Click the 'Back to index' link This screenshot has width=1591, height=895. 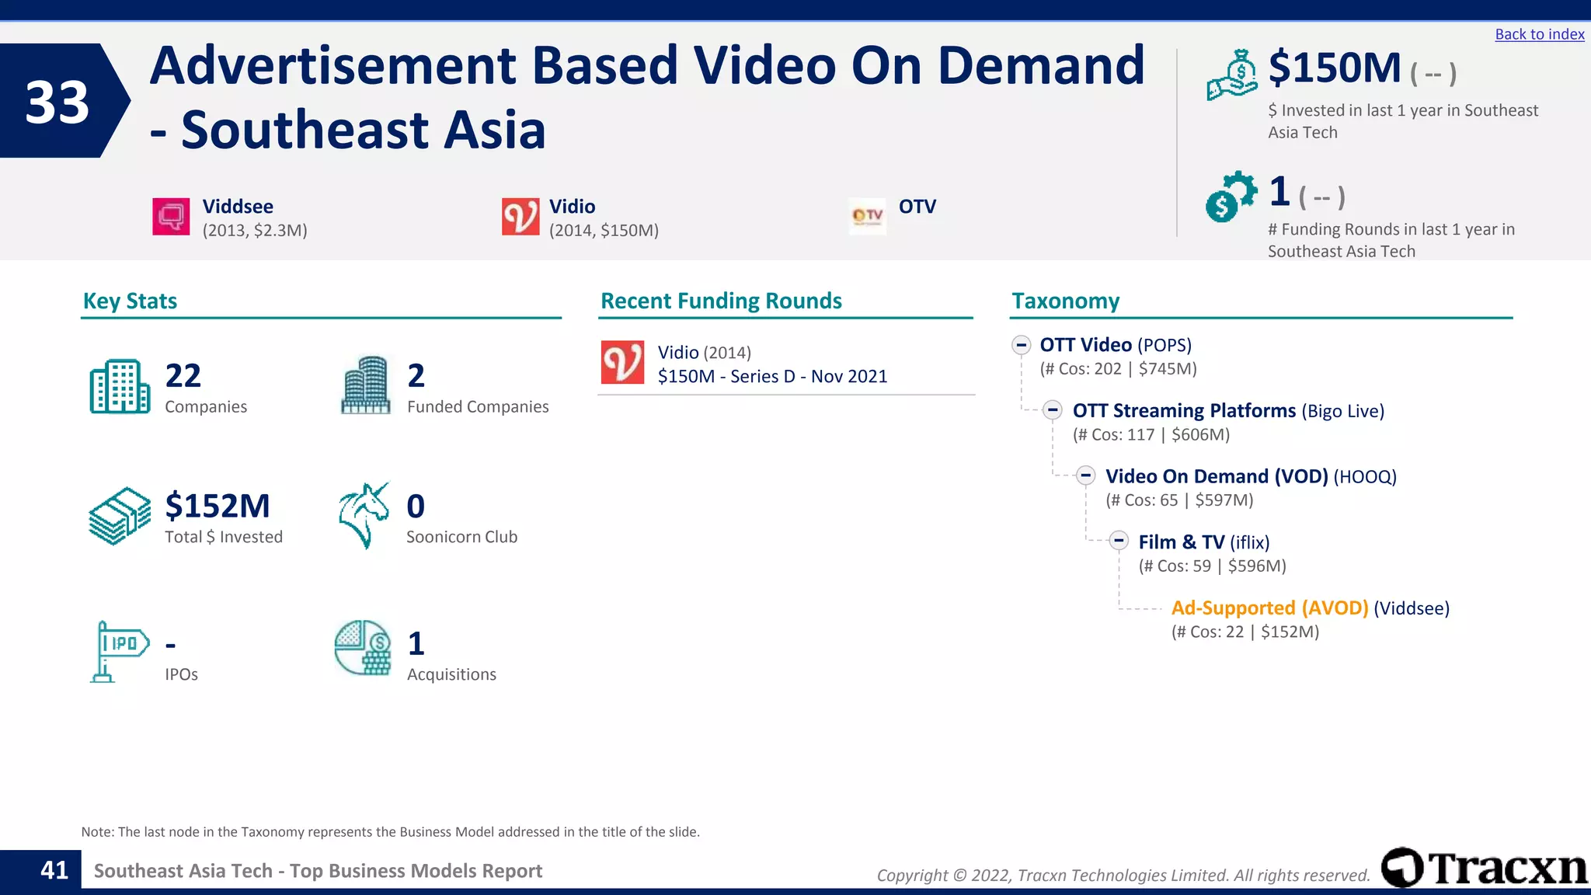pyautogui.click(x=1539, y=34)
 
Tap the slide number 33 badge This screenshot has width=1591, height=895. pyautogui.click(x=57, y=102)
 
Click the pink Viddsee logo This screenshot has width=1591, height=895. pyautogui.click(x=171, y=216)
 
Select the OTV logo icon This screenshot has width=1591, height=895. pyautogui.click(x=868, y=215)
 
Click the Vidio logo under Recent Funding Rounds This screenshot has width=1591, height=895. pyautogui.click(x=622, y=362)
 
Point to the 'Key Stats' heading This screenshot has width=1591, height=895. pyautogui.click(x=130, y=301)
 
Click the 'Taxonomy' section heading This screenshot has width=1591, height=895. pyautogui.click(x=1065, y=301)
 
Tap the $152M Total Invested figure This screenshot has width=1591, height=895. pyautogui.click(x=218, y=506)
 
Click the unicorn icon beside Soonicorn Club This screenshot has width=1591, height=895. pyautogui.click(x=364, y=515)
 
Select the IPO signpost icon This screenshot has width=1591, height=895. pyautogui.click(x=118, y=651)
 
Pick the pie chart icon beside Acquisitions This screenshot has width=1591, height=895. pyautogui.click(x=363, y=648)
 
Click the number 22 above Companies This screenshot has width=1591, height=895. pyautogui.click(x=183, y=376)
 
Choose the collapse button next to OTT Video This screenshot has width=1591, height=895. pyautogui.click(x=1022, y=345)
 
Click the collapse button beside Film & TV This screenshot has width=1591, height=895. pyautogui.click(x=1119, y=541)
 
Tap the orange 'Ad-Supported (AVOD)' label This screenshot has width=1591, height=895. pyautogui.click(x=1269, y=608)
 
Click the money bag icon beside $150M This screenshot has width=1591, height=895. pyautogui.click(x=1232, y=75)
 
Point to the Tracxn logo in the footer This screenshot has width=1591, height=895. pyautogui.click(x=1484, y=867)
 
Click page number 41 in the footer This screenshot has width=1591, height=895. pyautogui.click(x=54, y=870)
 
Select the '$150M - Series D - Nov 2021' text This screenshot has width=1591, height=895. pyautogui.click(x=772, y=377)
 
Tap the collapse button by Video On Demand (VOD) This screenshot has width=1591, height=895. pyautogui.click(x=1086, y=475)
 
